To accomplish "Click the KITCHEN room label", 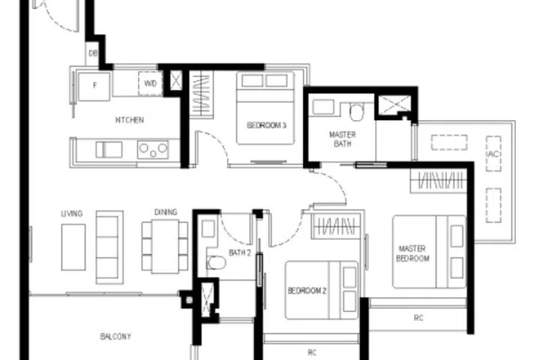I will (129, 120).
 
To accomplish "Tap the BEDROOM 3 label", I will (267, 126).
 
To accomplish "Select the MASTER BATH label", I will (343, 139).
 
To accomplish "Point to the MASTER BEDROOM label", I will (413, 253).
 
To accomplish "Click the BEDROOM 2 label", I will (307, 290).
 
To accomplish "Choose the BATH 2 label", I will (239, 253).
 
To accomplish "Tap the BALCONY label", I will (115, 337).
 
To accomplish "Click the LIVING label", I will (72, 214).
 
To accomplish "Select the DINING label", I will (166, 212).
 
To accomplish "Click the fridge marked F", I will (95, 85).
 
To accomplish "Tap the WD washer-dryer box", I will (150, 84).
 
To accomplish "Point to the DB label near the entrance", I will (93, 53).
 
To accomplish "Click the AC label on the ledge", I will (493, 154).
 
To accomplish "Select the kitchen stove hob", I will (153, 150).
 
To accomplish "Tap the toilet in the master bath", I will (356, 112).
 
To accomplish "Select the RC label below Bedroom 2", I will (312, 351).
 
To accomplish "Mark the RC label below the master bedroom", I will (418, 318).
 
